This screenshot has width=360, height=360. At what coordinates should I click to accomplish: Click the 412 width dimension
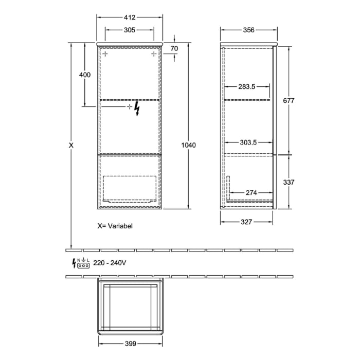(129, 17)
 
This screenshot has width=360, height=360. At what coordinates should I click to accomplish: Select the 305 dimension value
(129, 30)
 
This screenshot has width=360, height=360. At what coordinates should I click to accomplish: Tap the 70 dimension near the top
(174, 49)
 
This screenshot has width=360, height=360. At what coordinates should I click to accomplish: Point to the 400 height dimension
(85, 75)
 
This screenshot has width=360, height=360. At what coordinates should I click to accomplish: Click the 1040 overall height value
(189, 146)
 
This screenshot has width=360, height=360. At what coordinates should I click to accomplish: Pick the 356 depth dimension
(248, 30)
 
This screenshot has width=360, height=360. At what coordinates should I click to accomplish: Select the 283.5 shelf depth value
(247, 86)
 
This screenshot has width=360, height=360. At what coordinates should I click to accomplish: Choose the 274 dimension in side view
(250, 192)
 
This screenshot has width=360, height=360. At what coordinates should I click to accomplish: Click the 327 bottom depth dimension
(246, 222)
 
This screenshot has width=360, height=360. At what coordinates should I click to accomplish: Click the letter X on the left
(71, 146)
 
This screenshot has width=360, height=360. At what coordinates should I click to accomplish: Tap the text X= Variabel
(115, 225)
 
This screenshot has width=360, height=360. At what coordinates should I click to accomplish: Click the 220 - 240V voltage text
(110, 263)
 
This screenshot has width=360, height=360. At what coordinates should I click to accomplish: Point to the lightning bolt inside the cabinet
(137, 109)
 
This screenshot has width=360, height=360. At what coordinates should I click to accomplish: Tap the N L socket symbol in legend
(84, 263)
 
